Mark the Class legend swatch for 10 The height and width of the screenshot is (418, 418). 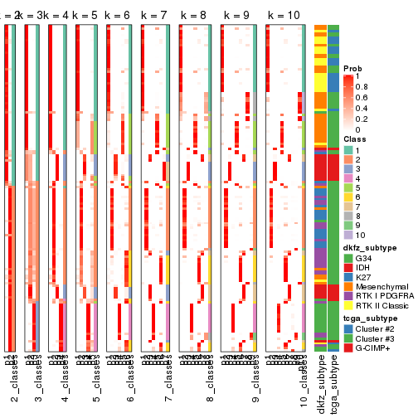[347, 236]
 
